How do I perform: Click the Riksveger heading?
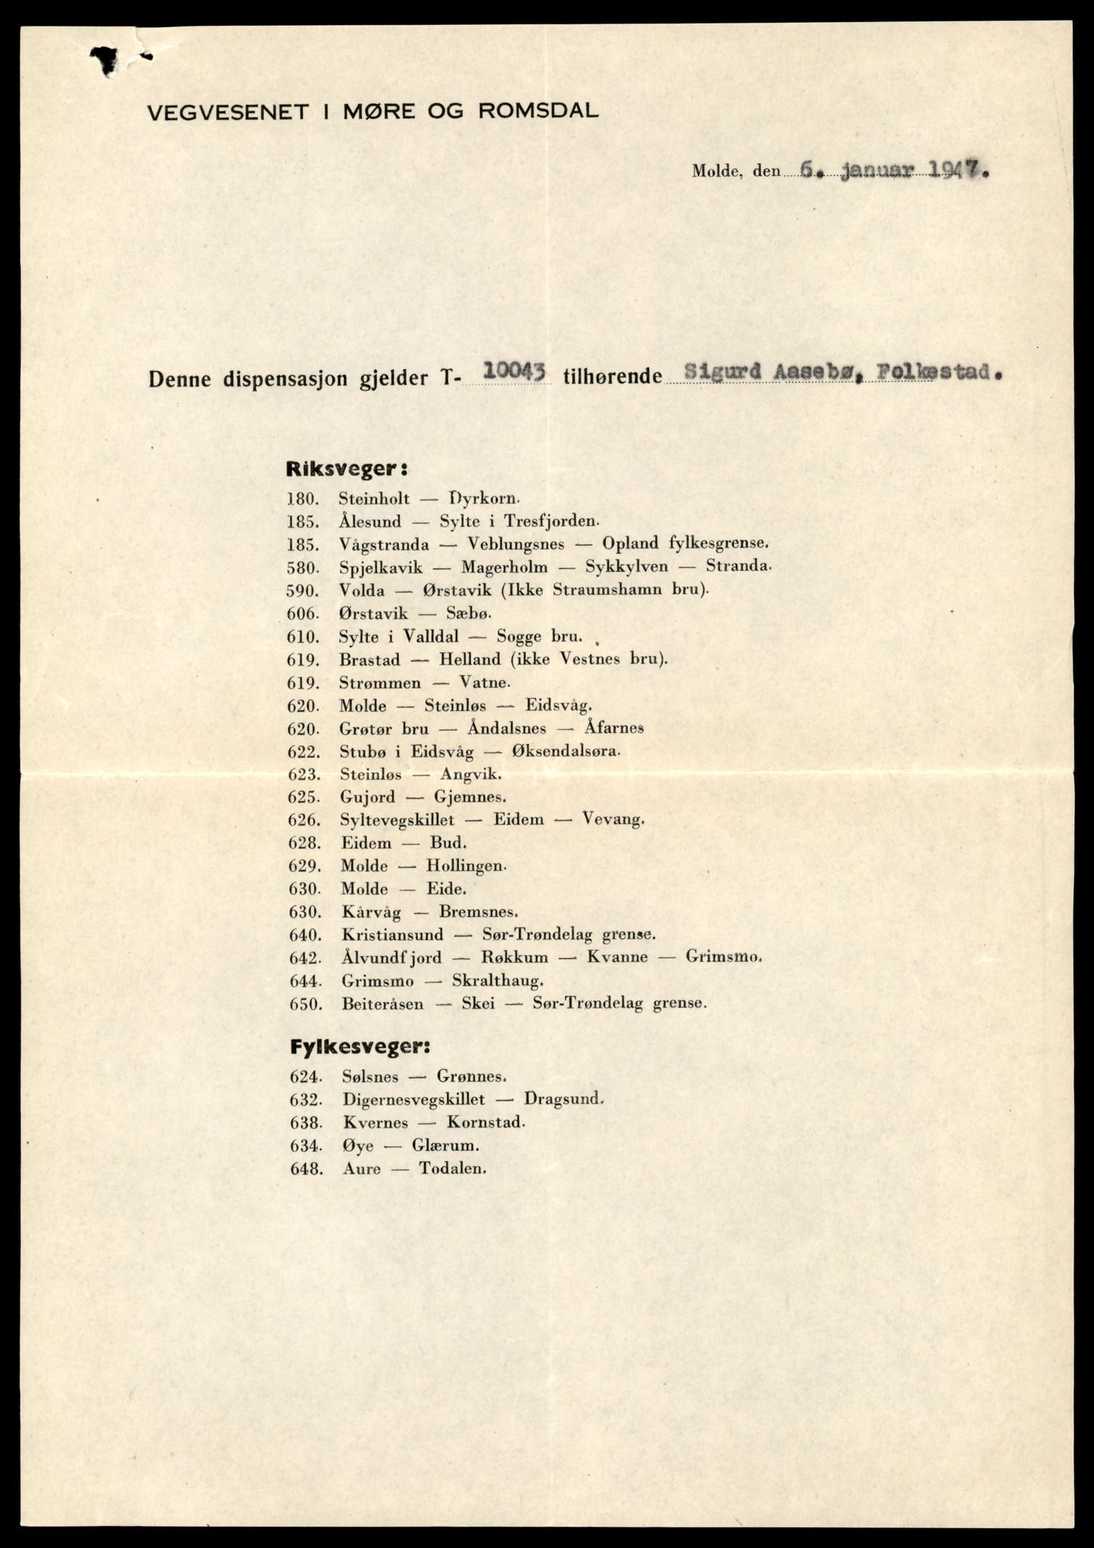click(x=347, y=469)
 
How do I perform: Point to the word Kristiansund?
click(x=391, y=934)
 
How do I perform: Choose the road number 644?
click(x=305, y=981)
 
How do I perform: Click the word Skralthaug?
click(x=496, y=981)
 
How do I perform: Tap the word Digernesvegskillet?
click(x=413, y=1099)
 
